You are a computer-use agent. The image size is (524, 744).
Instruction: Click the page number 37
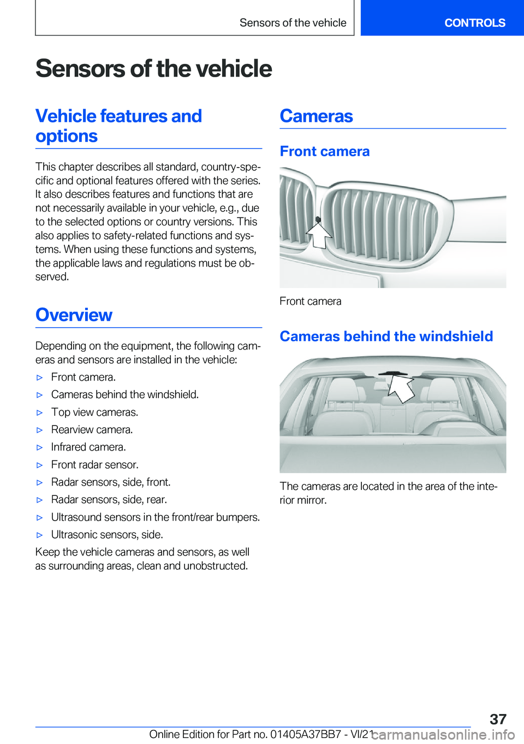(x=498, y=719)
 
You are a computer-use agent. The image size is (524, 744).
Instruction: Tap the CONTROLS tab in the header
(x=474, y=23)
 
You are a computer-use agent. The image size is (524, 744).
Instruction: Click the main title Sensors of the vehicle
(x=153, y=69)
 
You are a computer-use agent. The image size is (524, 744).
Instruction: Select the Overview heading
(x=74, y=315)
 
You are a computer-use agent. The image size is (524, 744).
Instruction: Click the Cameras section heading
(x=316, y=116)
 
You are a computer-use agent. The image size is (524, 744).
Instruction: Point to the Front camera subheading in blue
(x=324, y=151)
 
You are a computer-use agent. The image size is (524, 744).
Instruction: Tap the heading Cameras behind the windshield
(x=386, y=336)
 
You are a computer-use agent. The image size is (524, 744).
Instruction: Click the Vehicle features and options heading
(x=118, y=126)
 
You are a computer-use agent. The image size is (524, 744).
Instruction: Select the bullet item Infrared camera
(x=88, y=447)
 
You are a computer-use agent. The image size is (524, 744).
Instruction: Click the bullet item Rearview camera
(x=92, y=430)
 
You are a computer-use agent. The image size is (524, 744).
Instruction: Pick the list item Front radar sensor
(x=94, y=465)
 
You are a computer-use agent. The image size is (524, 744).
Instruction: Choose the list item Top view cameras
(x=94, y=412)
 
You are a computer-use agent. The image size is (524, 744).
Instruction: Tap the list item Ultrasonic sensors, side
(x=107, y=535)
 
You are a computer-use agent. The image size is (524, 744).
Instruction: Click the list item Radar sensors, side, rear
(x=109, y=500)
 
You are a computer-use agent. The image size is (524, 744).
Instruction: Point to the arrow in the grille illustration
(x=319, y=232)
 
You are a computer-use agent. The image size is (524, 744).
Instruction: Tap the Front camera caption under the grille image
(x=310, y=302)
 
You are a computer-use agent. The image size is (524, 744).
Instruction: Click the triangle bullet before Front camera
(x=39, y=377)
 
